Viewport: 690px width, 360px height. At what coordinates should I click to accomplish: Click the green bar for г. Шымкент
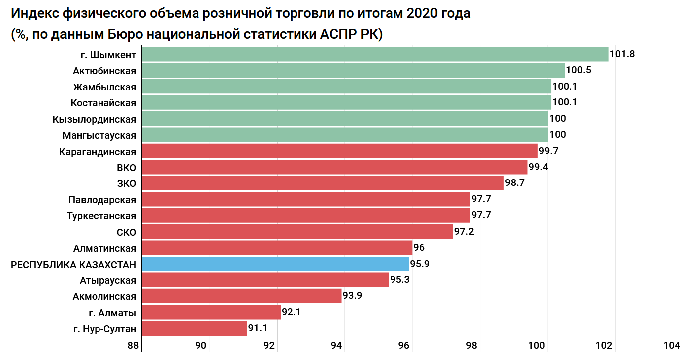[375, 54]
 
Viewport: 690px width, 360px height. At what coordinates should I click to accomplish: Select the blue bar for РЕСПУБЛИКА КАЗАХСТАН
[275, 264]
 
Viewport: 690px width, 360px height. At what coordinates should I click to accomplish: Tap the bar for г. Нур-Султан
[194, 328]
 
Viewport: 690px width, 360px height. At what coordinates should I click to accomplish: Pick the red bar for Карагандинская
[339, 151]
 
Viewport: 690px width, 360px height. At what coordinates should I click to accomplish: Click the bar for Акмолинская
[241, 296]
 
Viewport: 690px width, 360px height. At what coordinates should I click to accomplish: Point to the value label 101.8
[622, 54]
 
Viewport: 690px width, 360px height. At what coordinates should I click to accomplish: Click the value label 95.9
[420, 264]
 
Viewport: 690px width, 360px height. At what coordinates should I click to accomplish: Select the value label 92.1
[292, 312]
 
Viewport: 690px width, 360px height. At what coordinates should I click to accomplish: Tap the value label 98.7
[515, 183]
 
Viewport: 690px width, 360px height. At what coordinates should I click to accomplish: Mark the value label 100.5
[578, 70]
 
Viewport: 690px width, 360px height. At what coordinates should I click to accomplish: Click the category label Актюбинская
[104, 70]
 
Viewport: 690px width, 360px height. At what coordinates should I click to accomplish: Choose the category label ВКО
[126, 167]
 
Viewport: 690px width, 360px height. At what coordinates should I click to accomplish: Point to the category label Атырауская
[108, 280]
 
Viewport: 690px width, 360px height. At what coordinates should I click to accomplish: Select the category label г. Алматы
[112, 312]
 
